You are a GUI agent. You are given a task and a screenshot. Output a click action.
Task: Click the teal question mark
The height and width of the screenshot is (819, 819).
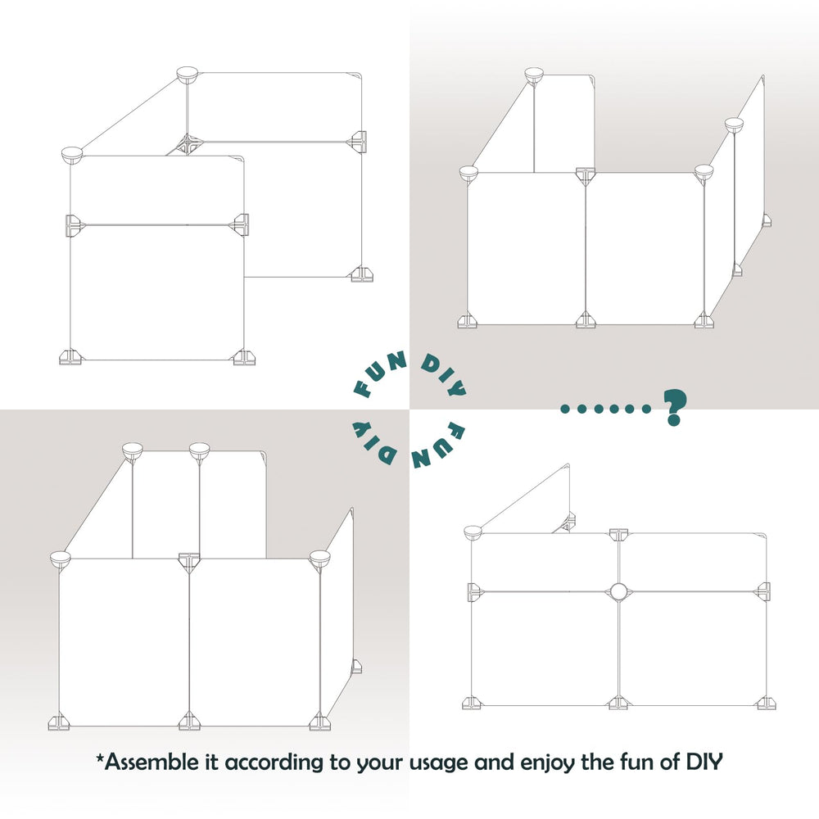tap(673, 406)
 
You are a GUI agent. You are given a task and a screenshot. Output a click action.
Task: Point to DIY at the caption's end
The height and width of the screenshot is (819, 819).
tap(703, 762)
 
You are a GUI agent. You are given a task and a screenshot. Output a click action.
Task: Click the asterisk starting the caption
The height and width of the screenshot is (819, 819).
tap(100, 759)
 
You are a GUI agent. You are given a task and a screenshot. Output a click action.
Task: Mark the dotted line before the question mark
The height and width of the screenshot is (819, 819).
tap(606, 408)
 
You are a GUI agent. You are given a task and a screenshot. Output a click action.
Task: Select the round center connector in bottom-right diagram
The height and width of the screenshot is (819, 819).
tap(618, 590)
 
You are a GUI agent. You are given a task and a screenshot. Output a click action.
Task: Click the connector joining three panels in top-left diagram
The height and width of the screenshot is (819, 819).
tap(187, 145)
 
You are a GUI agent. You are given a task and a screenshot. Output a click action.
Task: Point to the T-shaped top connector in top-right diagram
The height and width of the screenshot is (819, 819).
tap(586, 174)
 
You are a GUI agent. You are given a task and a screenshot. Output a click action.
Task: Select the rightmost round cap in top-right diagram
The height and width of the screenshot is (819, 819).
tap(733, 124)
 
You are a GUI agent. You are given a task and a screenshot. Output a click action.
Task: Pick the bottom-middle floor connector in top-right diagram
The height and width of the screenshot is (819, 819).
tap(585, 320)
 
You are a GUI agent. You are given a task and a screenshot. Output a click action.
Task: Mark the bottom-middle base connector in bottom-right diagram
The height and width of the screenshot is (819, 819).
tap(618, 703)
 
